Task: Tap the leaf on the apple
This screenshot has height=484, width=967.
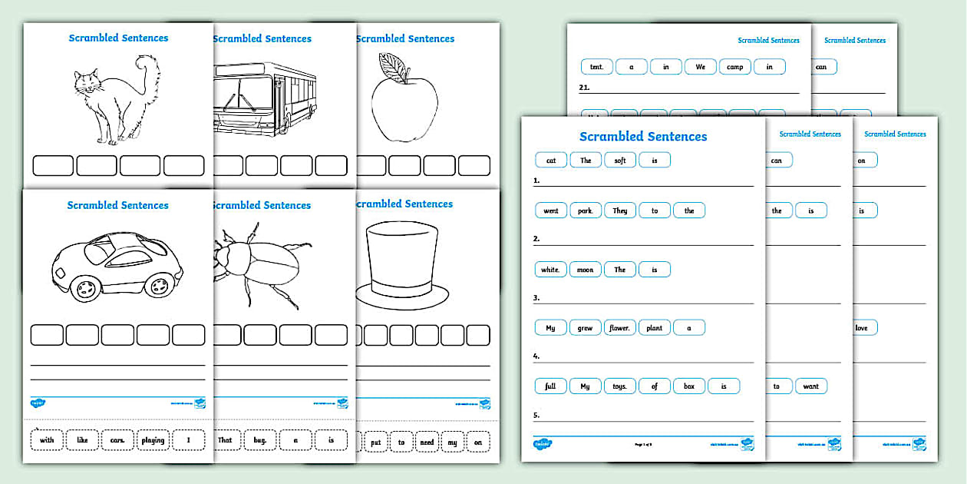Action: pyautogui.click(x=395, y=67)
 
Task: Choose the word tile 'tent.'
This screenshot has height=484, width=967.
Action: pyautogui.click(x=596, y=67)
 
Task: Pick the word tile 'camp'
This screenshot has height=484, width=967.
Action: pyautogui.click(x=734, y=67)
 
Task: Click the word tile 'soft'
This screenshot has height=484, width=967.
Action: pyautogui.click(x=620, y=160)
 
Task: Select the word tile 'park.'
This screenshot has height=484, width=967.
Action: pyautogui.click(x=585, y=211)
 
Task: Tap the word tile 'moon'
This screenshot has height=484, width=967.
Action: pyautogui.click(x=585, y=270)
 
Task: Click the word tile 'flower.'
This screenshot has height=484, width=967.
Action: pyautogui.click(x=619, y=328)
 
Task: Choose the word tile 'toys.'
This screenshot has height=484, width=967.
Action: pyautogui.click(x=619, y=386)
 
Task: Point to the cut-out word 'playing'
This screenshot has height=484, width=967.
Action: pyautogui.click(x=153, y=440)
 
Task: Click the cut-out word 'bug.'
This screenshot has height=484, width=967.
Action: pyautogui.click(x=260, y=440)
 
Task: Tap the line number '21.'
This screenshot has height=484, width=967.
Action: pyautogui.click(x=585, y=88)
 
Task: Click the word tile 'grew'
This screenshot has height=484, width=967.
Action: pyautogui.click(x=585, y=328)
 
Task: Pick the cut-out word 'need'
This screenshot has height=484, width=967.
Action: pyautogui.click(x=427, y=442)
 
